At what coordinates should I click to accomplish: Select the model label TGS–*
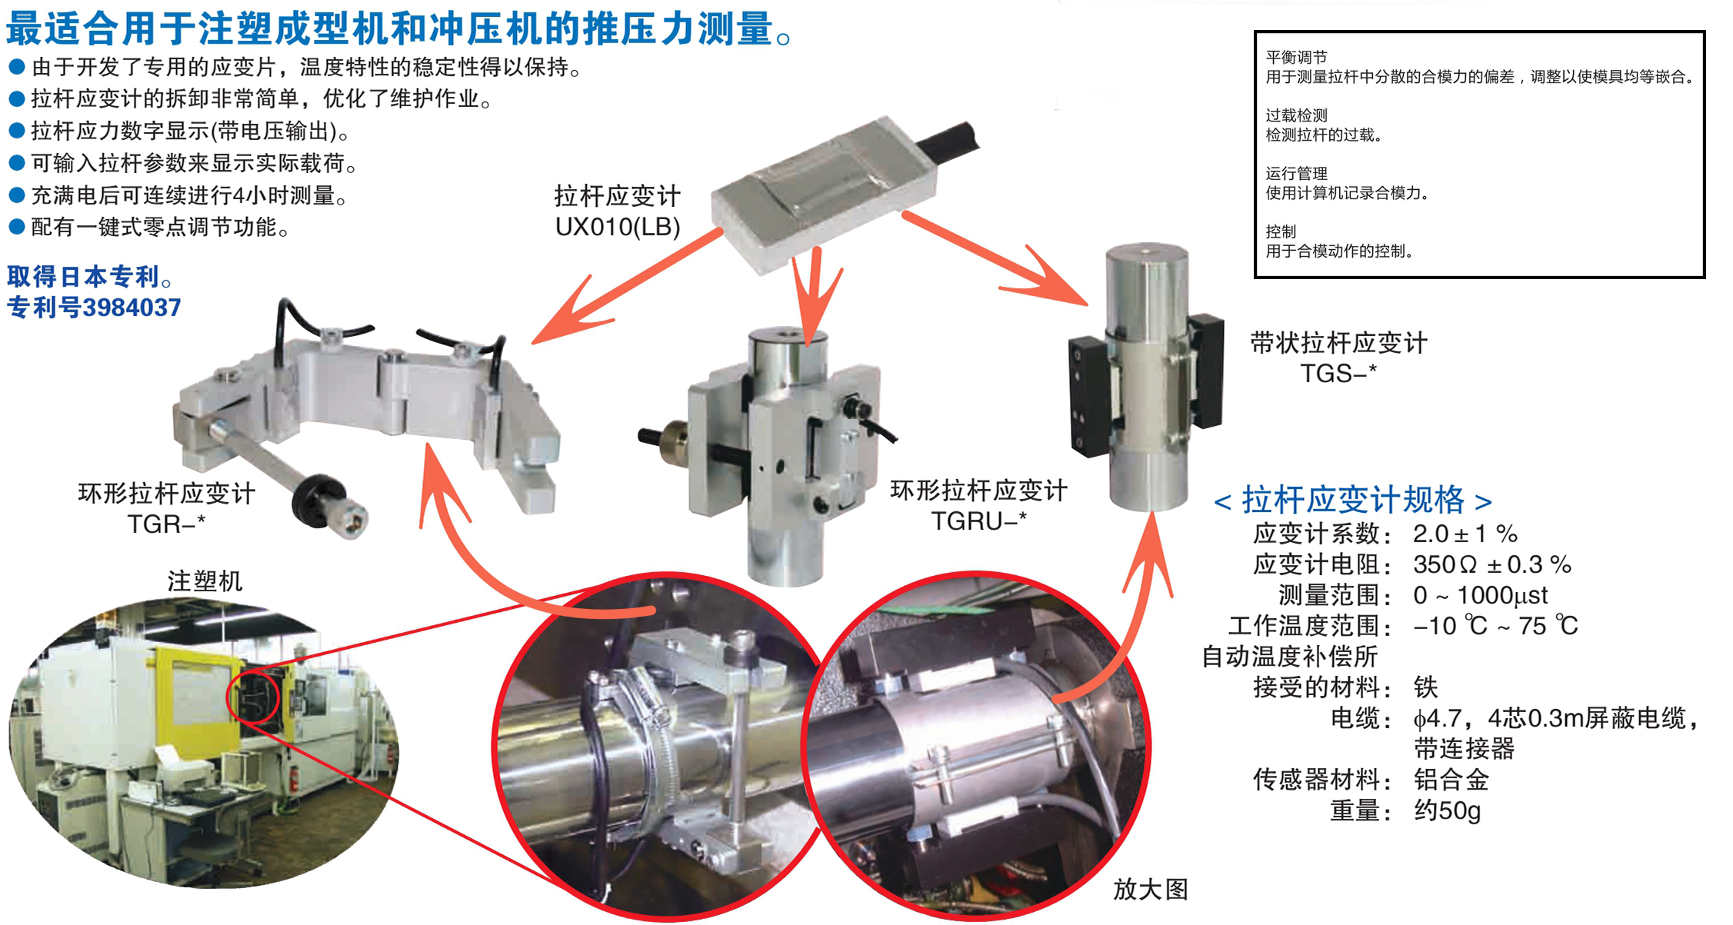click(1338, 374)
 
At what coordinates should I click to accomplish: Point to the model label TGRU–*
click(978, 521)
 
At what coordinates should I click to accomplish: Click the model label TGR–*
click(167, 524)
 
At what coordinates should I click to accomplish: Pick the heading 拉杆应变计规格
click(1353, 500)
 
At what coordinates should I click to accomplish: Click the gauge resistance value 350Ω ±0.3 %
click(1491, 565)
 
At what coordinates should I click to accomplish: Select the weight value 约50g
click(1447, 810)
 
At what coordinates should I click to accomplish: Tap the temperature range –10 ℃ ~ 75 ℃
click(1495, 626)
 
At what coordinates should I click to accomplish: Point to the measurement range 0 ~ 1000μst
click(1480, 595)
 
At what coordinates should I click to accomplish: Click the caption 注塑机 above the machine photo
click(205, 581)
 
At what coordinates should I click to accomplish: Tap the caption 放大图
click(1151, 890)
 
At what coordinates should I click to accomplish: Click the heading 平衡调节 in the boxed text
click(1296, 58)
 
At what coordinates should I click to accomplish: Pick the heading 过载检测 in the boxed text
click(1296, 115)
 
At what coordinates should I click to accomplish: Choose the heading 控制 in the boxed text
click(1281, 231)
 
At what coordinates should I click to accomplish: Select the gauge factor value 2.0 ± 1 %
click(1465, 534)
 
